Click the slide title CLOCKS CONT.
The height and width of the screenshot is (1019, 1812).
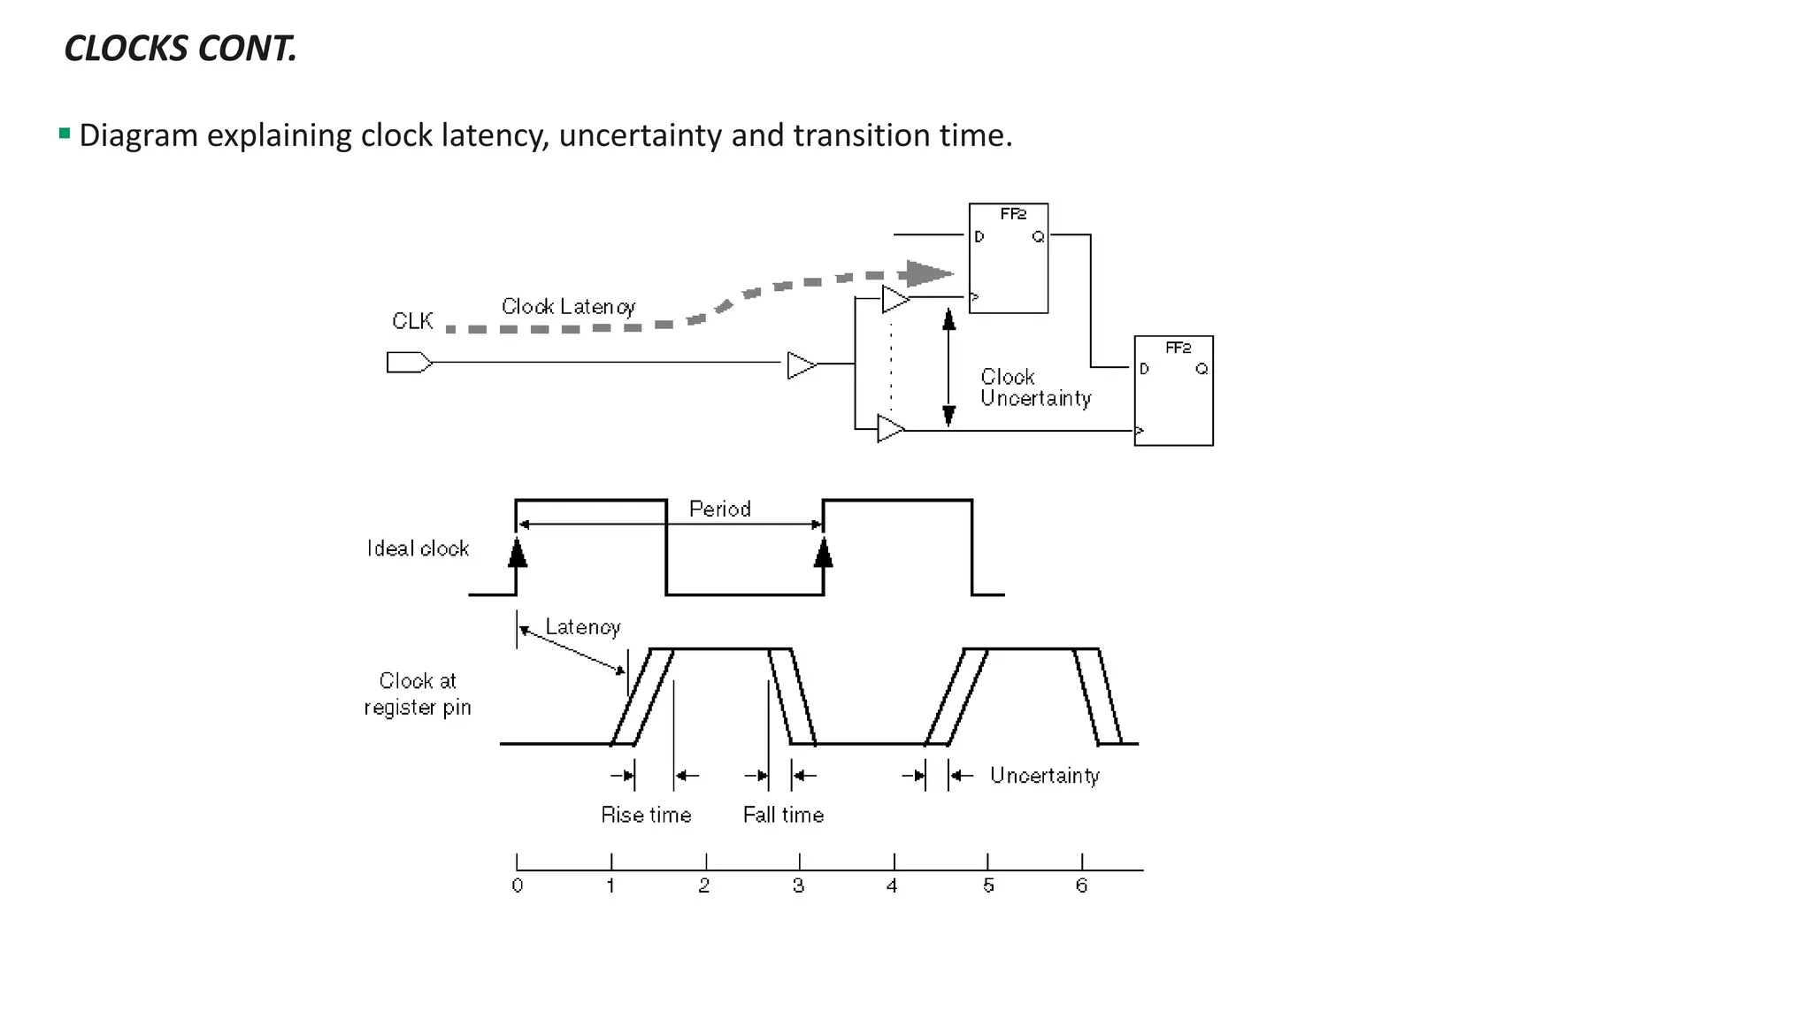(x=180, y=49)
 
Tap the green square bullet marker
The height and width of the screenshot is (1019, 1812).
(x=65, y=134)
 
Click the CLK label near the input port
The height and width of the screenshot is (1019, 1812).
(x=412, y=321)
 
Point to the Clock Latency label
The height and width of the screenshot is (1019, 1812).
(x=568, y=307)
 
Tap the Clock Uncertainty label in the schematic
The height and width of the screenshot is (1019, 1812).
(x=1034, y=388)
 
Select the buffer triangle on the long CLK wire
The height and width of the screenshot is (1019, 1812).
(x=801, y=364)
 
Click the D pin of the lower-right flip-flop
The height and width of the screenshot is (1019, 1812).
(x=1144, y=369)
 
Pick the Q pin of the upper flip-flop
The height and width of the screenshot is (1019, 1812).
(x=1038, y=237)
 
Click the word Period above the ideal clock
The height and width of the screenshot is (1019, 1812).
(x=719, y=509)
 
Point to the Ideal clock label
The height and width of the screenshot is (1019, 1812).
(x=418, y=549)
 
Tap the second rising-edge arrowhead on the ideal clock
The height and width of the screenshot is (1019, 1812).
(x=824, y=553)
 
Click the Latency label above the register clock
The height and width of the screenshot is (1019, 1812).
(x=582, y=627)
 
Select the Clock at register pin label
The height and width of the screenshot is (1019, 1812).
(x=418, y=694)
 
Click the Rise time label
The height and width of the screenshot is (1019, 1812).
(x=646, y=816)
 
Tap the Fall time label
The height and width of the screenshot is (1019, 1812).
(x=783, y=816)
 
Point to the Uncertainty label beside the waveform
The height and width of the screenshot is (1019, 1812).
(x=1044, y=776)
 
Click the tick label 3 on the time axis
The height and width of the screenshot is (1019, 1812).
(x=798, y=886)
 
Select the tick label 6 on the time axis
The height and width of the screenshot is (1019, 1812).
(x=1081, y=886)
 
